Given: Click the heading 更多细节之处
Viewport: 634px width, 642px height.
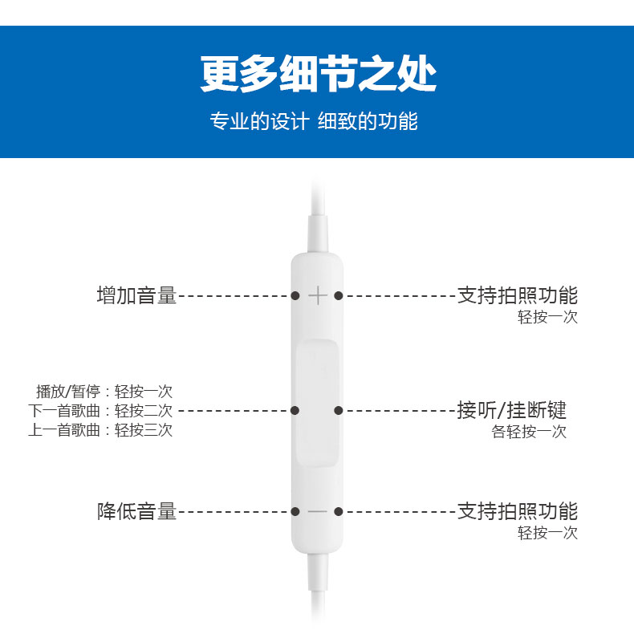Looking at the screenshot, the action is (318, 75).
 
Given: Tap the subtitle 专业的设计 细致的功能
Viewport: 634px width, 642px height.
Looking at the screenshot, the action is (314, 122).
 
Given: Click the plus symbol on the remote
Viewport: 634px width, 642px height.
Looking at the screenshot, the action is (318, 296).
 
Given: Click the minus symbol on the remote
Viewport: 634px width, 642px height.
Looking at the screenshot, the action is (318, 511).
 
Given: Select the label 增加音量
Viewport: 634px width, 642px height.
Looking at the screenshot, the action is (136, 295).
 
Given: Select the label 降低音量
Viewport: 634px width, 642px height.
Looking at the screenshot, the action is (136, 511).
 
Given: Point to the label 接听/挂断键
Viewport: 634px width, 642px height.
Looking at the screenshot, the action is (512, 410).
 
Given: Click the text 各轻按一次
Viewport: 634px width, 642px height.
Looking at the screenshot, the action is (529, 432).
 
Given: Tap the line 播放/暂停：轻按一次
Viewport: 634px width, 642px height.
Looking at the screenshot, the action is (104, 392).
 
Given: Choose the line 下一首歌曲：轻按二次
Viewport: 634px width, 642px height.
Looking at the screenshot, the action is (100, 410).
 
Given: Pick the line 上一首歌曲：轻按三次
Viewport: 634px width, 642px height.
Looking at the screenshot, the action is (100, 429).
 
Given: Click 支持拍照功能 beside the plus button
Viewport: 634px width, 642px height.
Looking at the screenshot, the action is (518, 295).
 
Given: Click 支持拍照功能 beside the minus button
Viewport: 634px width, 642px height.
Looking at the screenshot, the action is (518, 511).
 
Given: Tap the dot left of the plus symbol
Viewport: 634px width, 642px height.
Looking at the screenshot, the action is (295, 296).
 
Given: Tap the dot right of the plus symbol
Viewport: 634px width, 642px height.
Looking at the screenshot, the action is (339, 296).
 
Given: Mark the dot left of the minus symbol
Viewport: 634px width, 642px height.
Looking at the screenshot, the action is (295, 511).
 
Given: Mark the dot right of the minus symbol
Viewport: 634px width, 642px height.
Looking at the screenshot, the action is (339, 511).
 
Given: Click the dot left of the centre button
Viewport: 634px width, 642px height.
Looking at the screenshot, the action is (295, 410).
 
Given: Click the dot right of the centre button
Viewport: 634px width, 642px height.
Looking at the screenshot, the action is (339, 410).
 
